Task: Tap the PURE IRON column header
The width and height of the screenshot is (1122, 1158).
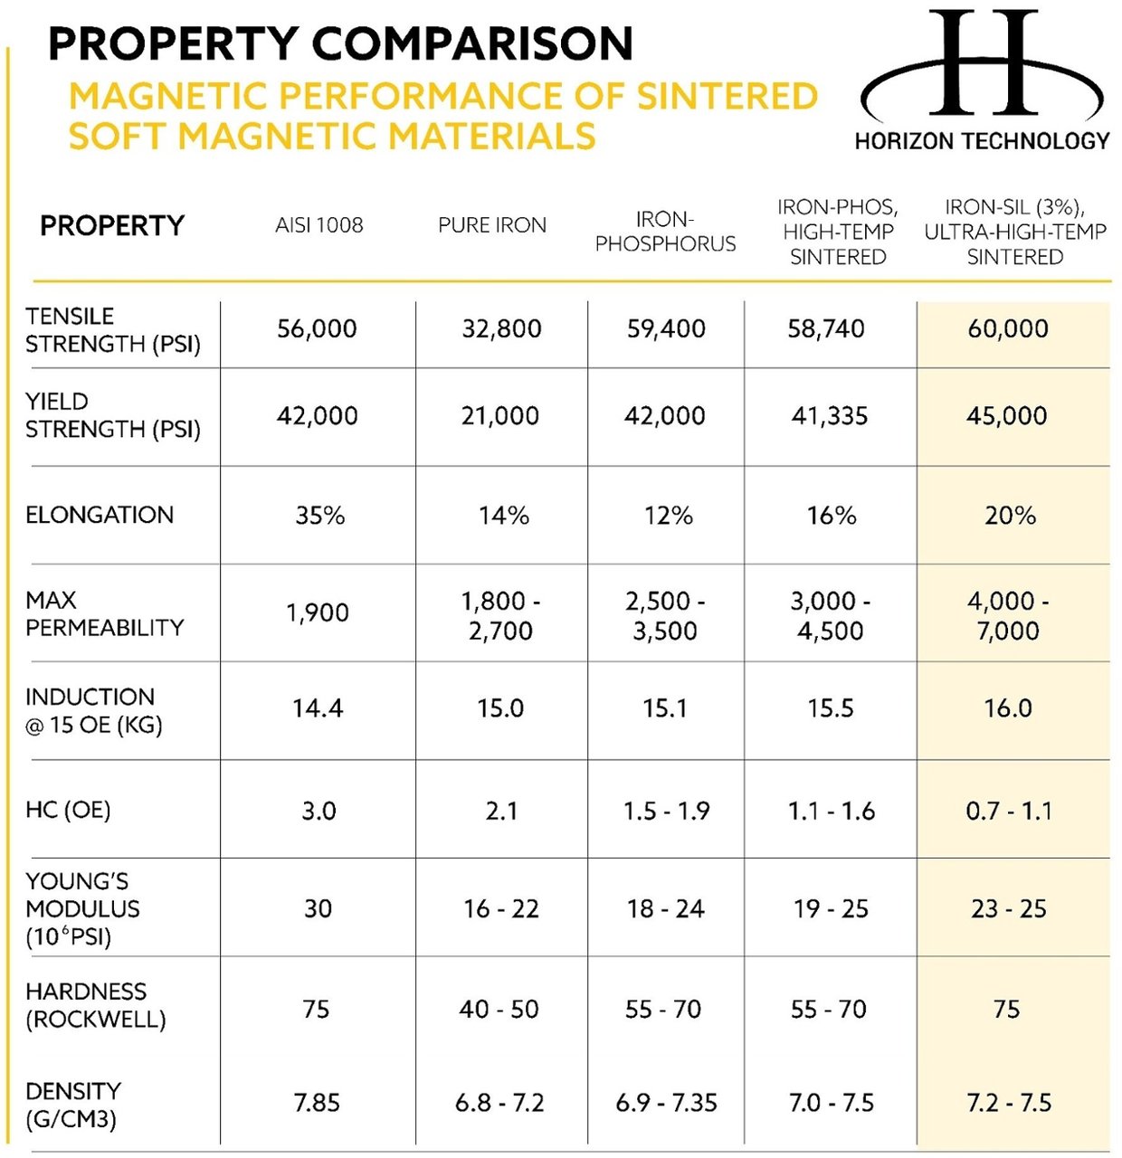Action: point(492,225)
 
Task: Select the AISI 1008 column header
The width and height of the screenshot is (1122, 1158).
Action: point(319,225)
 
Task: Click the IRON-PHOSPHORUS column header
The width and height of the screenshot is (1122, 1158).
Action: point(665,232)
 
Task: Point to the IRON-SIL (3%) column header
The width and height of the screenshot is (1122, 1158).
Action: point(1014,233)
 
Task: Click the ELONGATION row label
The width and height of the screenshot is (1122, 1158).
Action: point(100,515)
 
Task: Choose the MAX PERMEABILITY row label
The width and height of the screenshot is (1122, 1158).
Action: point(104,613)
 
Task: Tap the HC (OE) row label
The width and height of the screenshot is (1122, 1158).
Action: point(68,810)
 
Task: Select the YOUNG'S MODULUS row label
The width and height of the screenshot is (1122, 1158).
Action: point(82,908)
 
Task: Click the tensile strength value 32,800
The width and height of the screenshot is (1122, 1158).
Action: point(501,328)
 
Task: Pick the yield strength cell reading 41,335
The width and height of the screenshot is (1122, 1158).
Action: point(830,416)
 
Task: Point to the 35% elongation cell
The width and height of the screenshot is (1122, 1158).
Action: point(319,516)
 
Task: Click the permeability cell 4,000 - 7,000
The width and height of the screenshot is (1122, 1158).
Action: point(1008,615)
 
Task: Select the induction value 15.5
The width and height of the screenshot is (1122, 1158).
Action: point(831,708)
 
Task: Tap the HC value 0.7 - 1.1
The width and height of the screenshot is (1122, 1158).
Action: point(1008,811)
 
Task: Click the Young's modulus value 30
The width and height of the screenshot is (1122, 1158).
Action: point(318,908)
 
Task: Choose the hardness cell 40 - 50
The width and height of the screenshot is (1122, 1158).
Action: point(499,1009)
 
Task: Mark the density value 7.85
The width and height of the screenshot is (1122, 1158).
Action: point(317,1103)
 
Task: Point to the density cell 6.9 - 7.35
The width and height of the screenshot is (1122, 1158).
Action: point(666,1103)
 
